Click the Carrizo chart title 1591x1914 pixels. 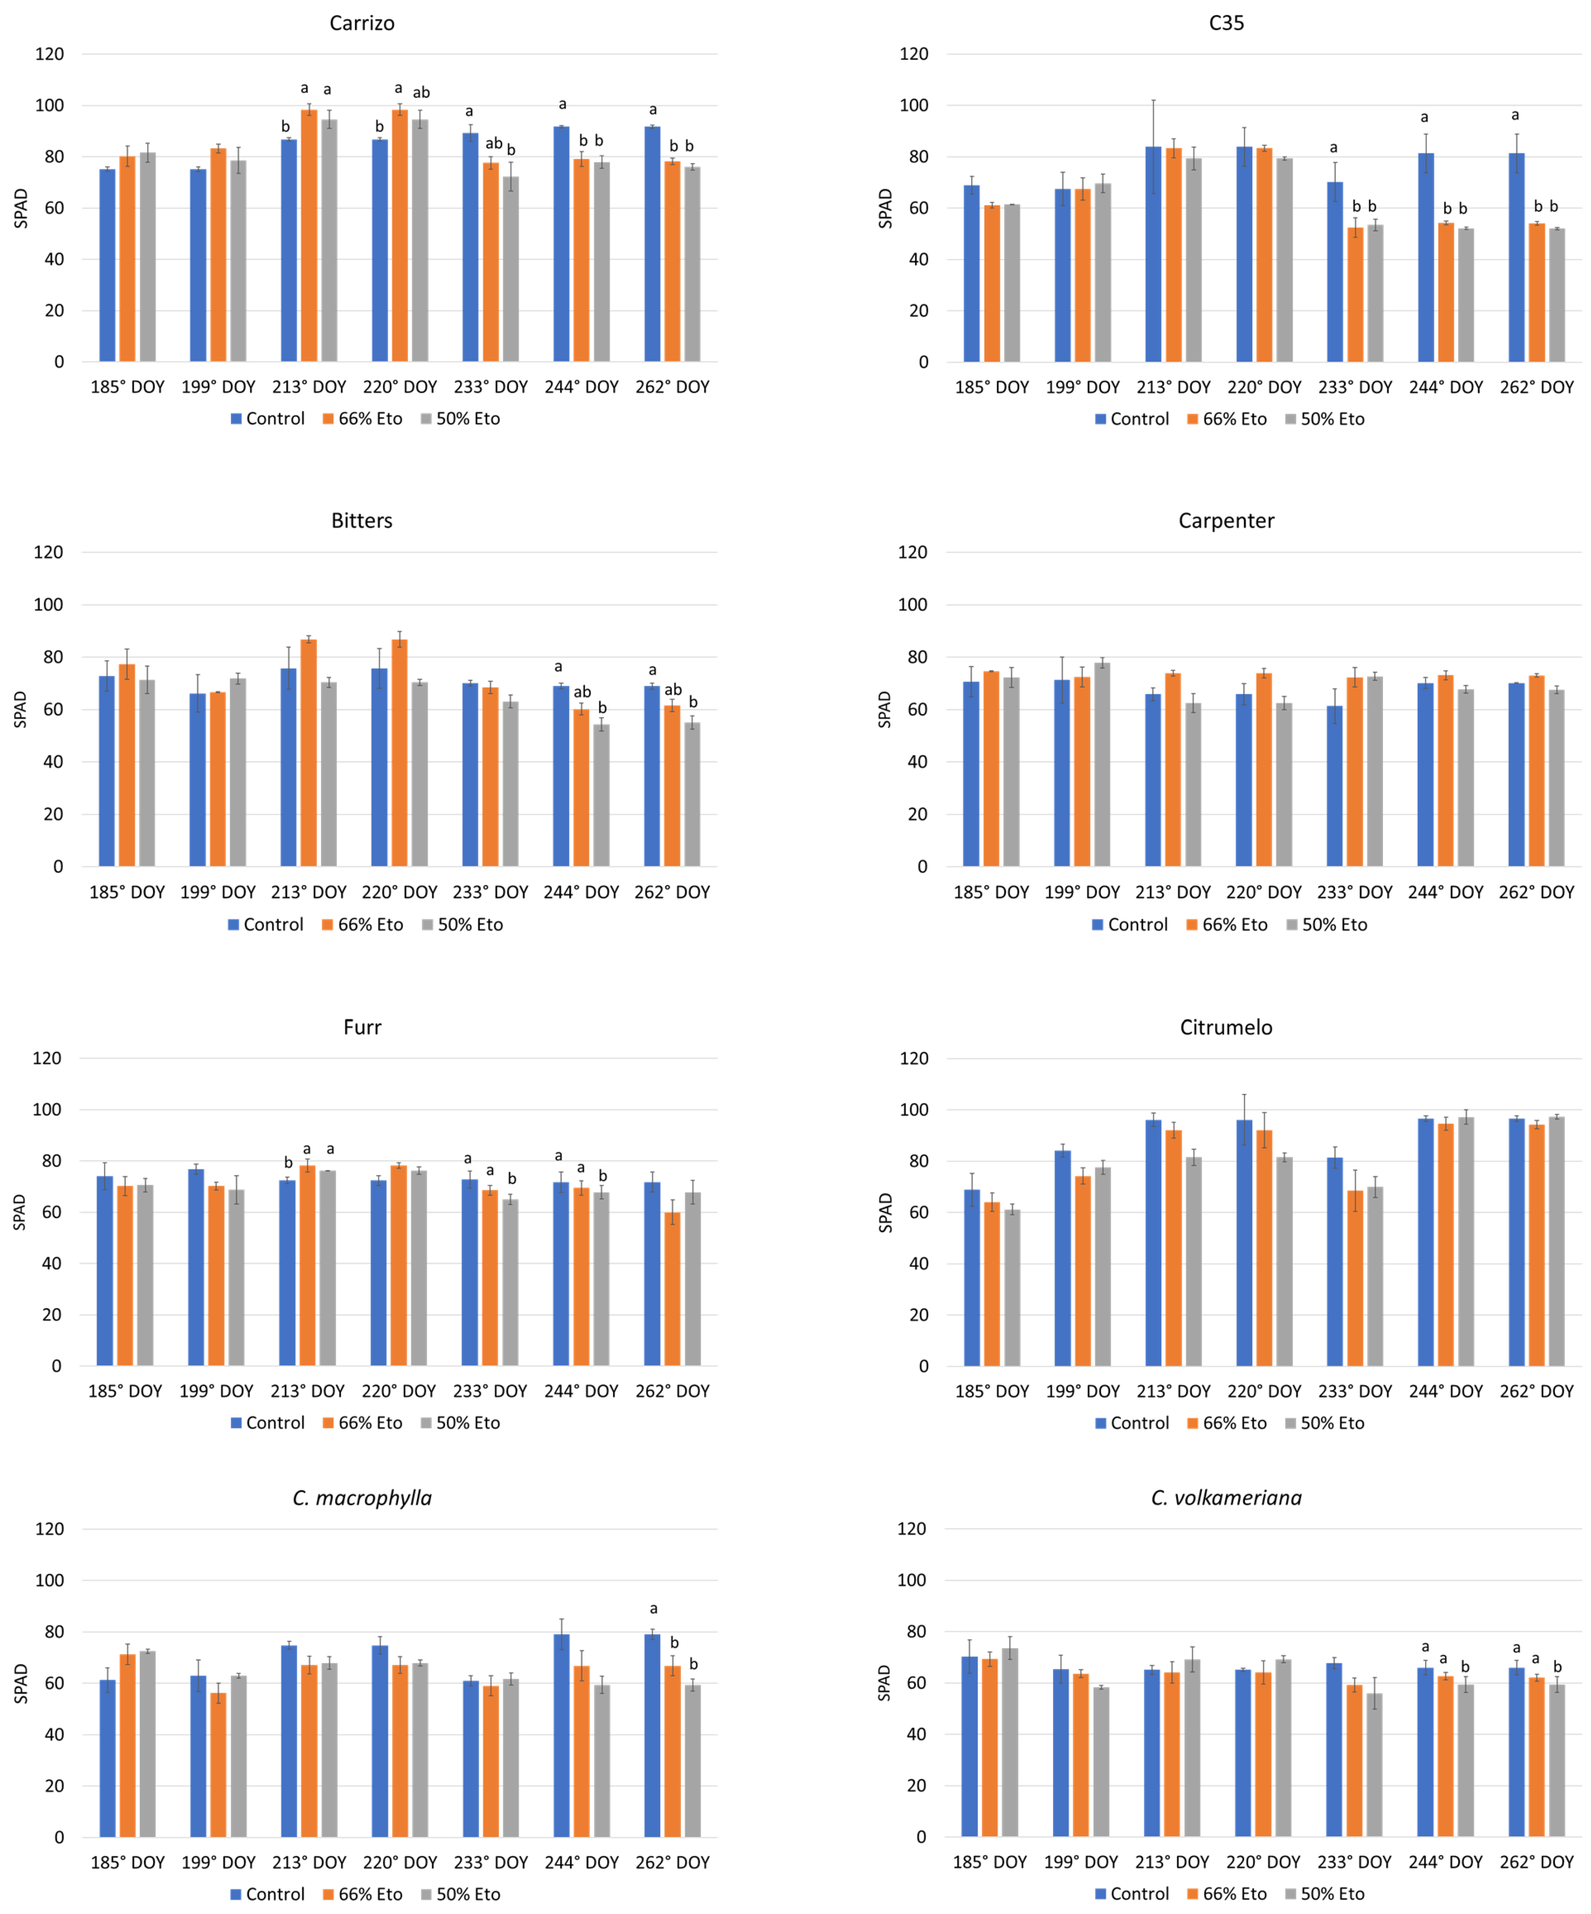[x=362, y=23]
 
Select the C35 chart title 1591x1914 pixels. [x=1225, y=23]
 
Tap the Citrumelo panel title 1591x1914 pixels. [x=1225, y=1027]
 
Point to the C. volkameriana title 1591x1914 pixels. [x=1225, y=1497]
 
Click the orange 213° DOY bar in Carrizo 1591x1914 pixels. [x=309, y=237]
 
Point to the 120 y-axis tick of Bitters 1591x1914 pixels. [x=48, y=553]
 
